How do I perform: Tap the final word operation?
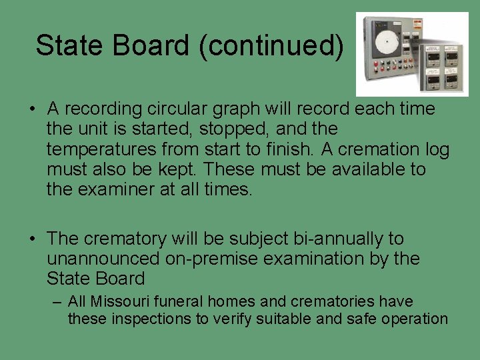[415, 319]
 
